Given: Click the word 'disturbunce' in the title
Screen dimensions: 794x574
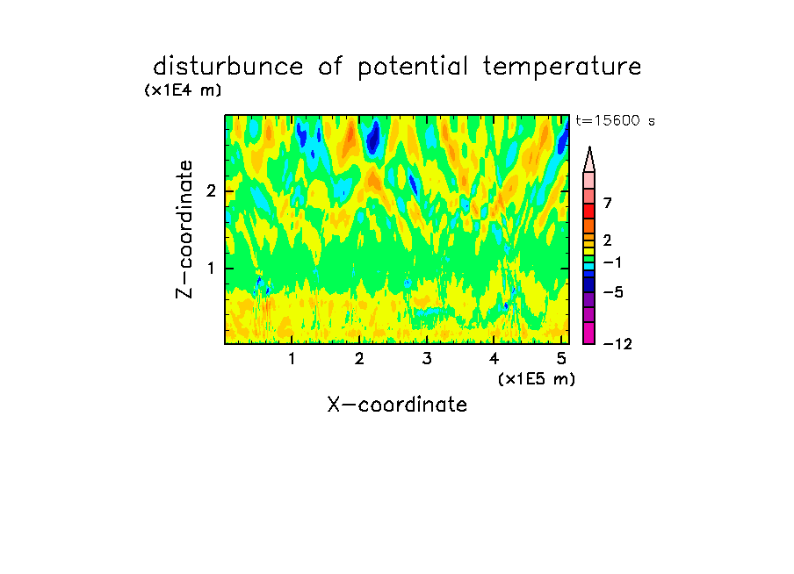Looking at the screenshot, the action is (227, 67).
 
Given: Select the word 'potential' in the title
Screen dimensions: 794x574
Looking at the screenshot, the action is (413, 68).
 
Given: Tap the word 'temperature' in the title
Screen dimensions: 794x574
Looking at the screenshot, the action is (562, 67).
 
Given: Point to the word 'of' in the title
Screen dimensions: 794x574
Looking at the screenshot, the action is (330, 67).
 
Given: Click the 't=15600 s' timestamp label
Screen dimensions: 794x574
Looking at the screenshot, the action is (615, 120).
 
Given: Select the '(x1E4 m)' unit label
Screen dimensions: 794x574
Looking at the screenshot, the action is (183, 90).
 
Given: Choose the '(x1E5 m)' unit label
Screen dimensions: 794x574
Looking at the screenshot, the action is (537, 378).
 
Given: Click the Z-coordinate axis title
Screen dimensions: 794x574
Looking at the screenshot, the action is (184, 229).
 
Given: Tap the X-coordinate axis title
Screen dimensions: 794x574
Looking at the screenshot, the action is (397, 405).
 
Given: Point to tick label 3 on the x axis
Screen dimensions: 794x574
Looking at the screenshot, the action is (427, 359).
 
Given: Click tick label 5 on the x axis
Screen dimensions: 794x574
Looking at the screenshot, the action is (561, 359).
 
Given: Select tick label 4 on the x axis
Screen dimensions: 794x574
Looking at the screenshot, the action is (494, 359).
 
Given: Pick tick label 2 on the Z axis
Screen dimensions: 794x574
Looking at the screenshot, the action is (211, 191).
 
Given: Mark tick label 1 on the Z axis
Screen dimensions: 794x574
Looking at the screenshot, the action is (211, 269).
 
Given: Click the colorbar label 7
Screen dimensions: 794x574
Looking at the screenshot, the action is (608, 204).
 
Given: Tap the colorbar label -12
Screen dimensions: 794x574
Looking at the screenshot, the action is (617, 345).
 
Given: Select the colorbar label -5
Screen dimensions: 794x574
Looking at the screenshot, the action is (613, 292).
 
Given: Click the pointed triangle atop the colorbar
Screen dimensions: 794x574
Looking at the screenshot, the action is (589, 160).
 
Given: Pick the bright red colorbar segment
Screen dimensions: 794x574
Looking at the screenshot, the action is (589, 211).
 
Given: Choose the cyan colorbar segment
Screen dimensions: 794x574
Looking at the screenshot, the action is (589, 266).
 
